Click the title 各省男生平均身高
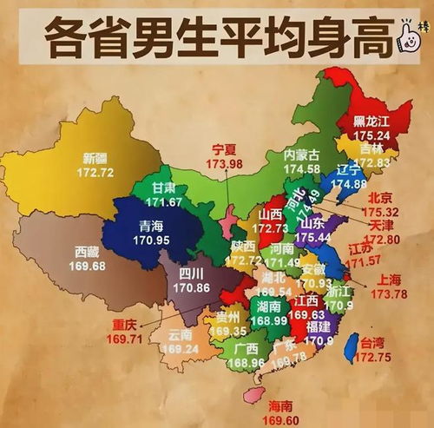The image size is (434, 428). [x=205, y=38]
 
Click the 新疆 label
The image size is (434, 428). [x=96, y=158]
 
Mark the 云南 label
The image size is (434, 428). [x=181, y=333]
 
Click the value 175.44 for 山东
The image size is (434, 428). [x=315, y=235]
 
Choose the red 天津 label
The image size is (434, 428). [x=385, y=226]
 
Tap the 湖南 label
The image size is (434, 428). [x=267, y=306]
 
